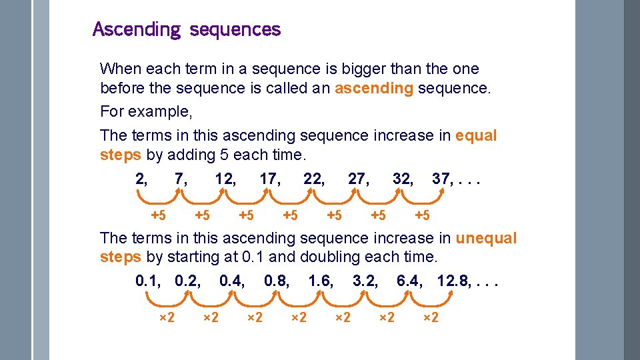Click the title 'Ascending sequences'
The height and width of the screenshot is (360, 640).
point(187,29)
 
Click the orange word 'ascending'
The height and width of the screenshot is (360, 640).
point(373,89)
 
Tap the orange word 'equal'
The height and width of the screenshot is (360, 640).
point(476,135)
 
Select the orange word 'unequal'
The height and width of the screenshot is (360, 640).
point(486,238)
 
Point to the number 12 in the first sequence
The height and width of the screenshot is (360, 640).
point(224,179)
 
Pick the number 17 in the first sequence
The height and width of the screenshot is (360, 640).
point(269,179)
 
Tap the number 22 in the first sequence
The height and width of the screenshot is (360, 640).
point(313,179)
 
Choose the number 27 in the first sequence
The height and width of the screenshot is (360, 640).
point(357,179)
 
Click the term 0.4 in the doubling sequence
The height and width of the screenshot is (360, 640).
point(231,281)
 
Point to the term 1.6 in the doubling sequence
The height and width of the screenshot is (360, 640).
point(321,281)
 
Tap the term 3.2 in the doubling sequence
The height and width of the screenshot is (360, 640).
point(365,281)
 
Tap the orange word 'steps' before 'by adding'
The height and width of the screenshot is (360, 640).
point(120,155)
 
